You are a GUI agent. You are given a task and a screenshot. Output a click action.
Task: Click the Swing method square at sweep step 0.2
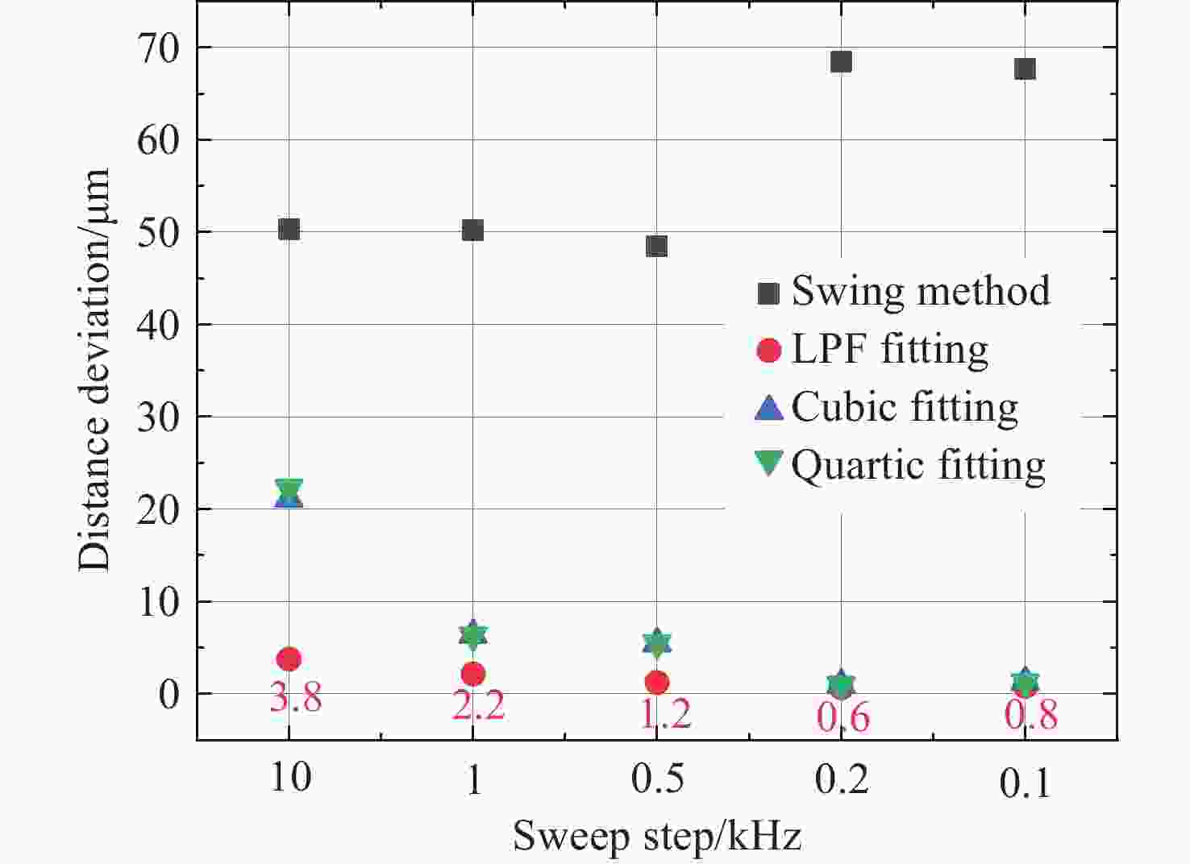[841, 62]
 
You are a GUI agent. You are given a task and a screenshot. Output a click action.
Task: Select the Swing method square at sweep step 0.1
[1025, 69]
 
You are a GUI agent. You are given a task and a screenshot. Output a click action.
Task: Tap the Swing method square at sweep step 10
[289, 230]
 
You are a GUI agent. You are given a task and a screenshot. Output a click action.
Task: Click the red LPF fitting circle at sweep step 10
[289, 659]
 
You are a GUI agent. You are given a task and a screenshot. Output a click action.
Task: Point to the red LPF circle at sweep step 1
[473, 674]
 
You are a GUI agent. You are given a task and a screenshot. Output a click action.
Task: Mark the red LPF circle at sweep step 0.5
[657, 683]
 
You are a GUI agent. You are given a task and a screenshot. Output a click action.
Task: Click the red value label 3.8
[295, 697]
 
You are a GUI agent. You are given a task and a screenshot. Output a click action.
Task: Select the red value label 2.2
[478, 706]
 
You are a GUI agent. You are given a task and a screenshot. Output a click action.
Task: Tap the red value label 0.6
[843, 716]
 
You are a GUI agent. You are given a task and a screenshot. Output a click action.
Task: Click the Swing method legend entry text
[921, 291]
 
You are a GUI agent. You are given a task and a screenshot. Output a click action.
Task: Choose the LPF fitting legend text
[889, 350]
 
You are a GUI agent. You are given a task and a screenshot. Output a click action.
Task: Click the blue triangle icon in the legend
[769, 407]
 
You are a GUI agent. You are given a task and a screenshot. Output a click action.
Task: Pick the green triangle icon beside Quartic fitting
[769, 463]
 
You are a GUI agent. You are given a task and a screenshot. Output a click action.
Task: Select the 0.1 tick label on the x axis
[1026, 783]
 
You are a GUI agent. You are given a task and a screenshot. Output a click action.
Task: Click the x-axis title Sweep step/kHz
[657, 836]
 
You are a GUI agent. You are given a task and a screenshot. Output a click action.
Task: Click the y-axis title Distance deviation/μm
[94, 370]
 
